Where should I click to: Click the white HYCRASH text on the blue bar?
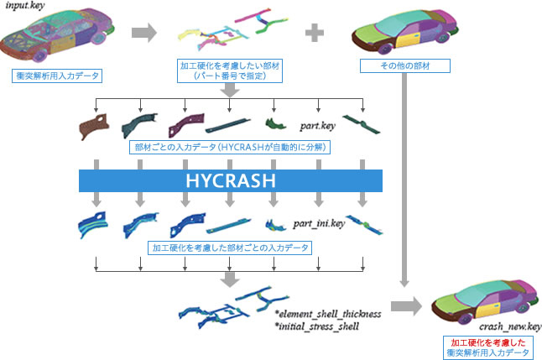230,181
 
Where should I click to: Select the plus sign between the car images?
315,33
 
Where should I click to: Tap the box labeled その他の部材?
404,65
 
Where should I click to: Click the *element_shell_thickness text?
328,313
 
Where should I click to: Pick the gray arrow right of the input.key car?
144,33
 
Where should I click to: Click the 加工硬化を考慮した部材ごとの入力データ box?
229,248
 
